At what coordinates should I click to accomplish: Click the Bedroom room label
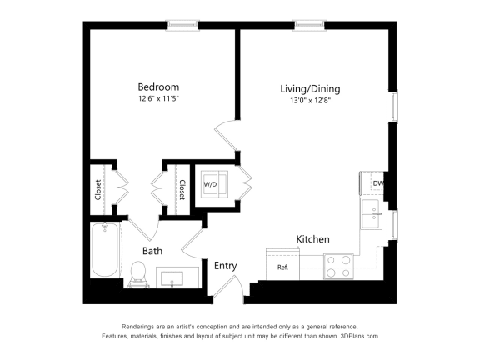tap(158, 87)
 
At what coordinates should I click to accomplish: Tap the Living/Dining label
tap(309, 88)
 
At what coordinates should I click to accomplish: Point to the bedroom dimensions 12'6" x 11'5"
tap(158, 99)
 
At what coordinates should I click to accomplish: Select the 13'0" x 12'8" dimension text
tap(309, 101)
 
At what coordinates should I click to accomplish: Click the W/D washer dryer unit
tap(212, 183)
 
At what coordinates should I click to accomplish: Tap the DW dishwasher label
tap(377, 183)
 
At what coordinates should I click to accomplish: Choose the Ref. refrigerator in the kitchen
tap(282, 267)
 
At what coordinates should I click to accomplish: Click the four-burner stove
tap(338, 266)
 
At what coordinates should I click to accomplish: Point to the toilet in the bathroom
tap(139, 272)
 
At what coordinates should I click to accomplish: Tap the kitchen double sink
tap(372, 215)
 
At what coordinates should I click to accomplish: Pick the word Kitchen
tap(312, 239)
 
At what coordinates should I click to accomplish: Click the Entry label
tap(225, 266)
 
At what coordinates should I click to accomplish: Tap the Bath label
tap(152, 250)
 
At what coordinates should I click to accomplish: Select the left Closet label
tap(98, 191)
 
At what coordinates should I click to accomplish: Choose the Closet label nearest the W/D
tap(180, 191)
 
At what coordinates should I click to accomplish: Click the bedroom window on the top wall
tap(182, 24)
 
